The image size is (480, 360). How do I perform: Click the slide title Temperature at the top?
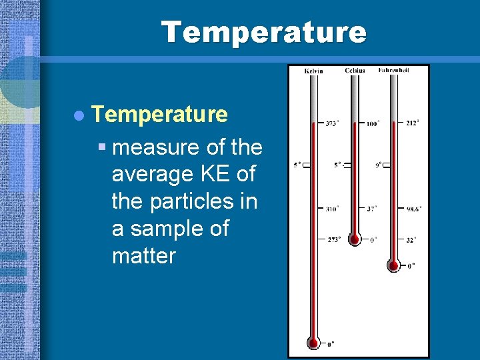coord(263,32)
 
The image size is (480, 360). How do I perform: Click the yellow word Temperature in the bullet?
coord(160,114)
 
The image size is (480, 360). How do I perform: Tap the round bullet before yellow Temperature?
coord(79,115)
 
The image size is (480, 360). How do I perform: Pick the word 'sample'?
coord(167,228)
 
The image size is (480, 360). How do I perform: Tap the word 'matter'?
coord(144,255)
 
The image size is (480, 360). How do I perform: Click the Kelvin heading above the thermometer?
coord(313,71)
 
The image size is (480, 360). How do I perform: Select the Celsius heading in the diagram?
coord(355,70)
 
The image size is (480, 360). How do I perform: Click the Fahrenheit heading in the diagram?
coord(394,70)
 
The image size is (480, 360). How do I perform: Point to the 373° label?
coord(331,123)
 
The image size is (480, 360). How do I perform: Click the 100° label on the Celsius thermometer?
coord(373,123)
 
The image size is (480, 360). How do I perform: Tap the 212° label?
coord(412,123)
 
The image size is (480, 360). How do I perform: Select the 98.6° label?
coord(413,209)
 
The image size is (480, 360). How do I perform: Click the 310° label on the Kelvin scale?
coord(331,209)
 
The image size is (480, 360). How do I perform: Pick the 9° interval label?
coord(378,165)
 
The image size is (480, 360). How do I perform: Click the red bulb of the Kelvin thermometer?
coord(313,343)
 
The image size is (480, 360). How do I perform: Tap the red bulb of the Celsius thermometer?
coord(355,239)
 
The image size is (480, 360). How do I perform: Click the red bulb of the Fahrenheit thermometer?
coord(394,265)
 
